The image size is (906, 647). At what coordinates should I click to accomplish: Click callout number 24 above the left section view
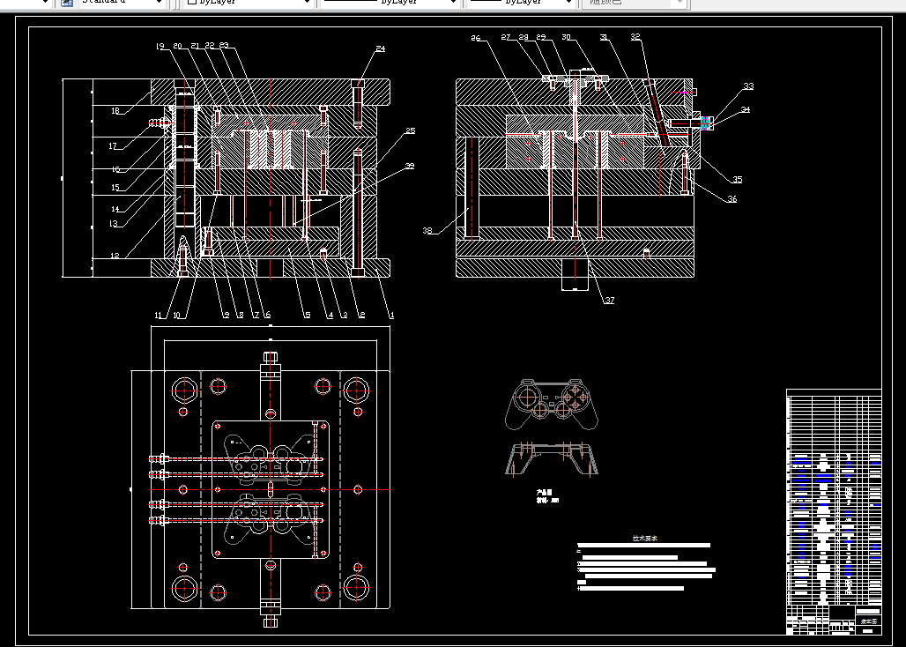pyautogui.click(x=380, y=49)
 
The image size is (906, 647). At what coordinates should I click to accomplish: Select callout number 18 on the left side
pyautogui.click(x=115, y=111)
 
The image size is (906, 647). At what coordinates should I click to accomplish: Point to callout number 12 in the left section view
pyautogui.click(x=114, y=256)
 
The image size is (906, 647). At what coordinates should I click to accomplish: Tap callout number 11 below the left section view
pyautogui.click(x=160, y=315)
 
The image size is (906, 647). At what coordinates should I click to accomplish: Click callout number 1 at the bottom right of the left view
pyautogui.click(x=391, y=315)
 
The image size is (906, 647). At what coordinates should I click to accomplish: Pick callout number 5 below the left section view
pyautogui.click(x=307, y=315)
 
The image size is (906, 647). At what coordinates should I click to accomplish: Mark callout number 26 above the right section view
pyautogui.click(x=476, y=38)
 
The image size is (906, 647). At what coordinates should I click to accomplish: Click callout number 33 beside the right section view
pyautogui.click(x=747, y=86)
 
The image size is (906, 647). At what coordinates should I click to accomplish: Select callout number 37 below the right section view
pyautogui.click(x=608, y=301)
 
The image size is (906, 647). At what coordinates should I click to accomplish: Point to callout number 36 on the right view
pyautogui.click(x=731, y=199)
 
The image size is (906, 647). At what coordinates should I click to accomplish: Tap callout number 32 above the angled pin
pyautogui.click(x=635, y=37)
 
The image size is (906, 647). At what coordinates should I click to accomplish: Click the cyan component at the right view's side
pyautogui.click(x=704, y=122)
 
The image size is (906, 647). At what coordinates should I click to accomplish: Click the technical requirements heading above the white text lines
pyautogui.click(x=644, y=538)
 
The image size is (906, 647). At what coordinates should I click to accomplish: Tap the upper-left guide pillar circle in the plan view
pyautogui.click(x=186, y=390)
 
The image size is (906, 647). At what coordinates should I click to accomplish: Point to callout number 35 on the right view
pyautogui.click(x=737, y=180)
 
